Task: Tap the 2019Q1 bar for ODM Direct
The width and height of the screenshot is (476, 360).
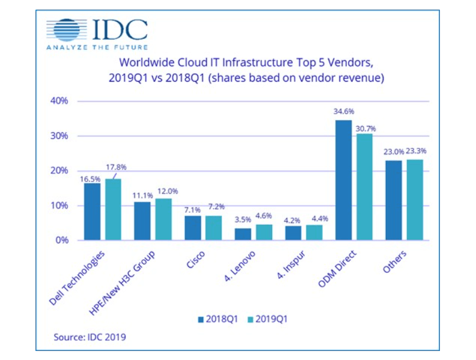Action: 365,187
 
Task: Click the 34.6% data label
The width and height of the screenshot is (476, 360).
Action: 343,112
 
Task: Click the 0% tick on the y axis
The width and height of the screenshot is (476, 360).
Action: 62,240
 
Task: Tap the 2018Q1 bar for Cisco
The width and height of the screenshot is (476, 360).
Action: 192,228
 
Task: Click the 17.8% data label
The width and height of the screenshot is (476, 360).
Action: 116,167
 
